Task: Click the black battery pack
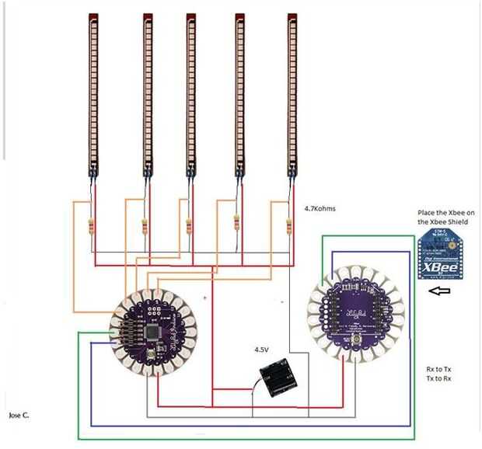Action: coord(279,378)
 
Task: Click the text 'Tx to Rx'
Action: coord(440,378)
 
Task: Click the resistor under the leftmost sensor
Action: coord(94,228)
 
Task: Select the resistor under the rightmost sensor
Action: coord(289,227)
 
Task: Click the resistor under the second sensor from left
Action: coord(145,228)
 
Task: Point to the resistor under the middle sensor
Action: coord(189,228)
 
